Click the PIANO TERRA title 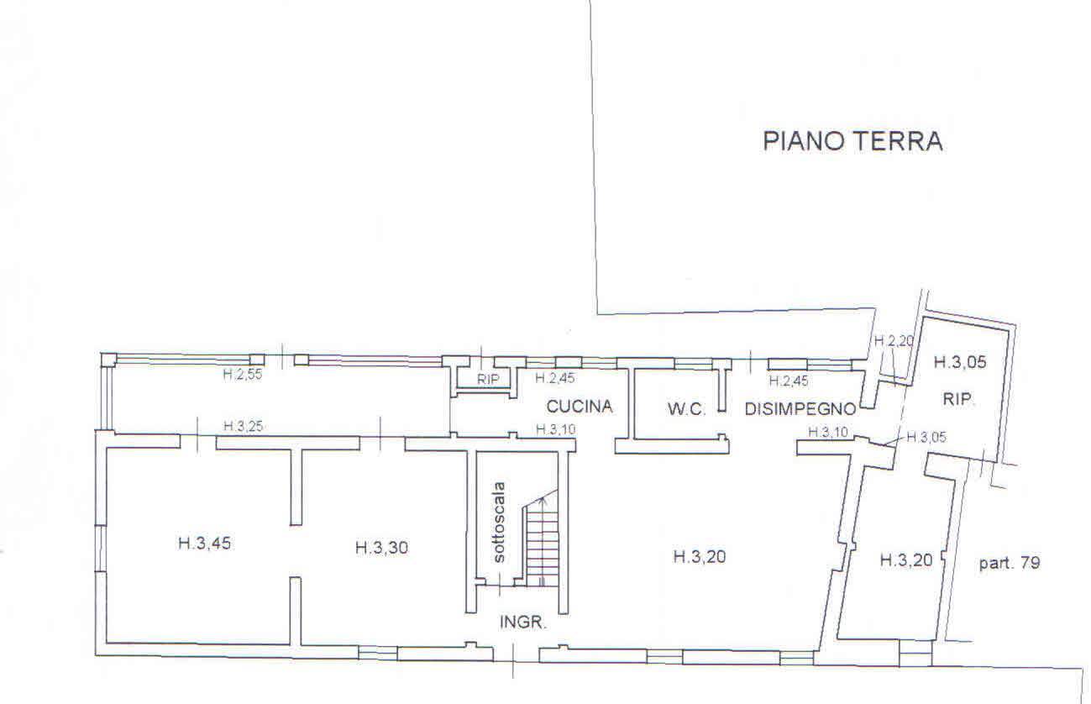(852, 141)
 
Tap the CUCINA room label (580, 407)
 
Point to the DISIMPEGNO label (800, 410)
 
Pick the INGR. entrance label (524, 623)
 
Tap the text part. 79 (1010, 563)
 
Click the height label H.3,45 (204, 544)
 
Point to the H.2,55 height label (243, 375)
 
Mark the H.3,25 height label (244, 427)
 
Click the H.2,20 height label (892, 341)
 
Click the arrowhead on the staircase (543, 500)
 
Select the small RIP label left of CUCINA (488, 380)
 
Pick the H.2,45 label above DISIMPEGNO (788, 381)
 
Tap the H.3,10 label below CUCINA (556, 430)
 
